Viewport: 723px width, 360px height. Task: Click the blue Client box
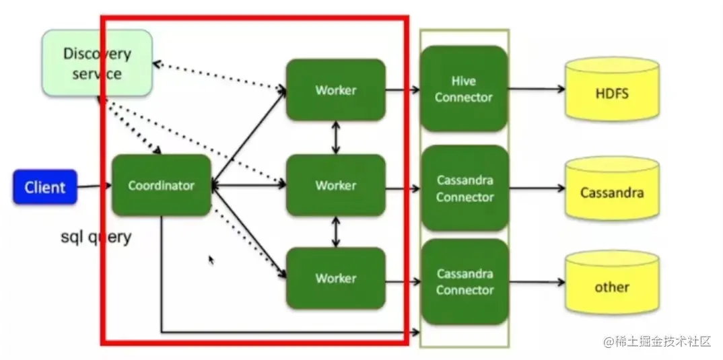click(45, 187)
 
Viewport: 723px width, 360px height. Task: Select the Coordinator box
click(162, 185)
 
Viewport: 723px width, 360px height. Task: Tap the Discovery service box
click(97, 63)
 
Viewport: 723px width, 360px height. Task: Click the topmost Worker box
click(335, 89)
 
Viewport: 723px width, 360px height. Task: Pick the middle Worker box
click(335, 185)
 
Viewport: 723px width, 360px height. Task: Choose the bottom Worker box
click(335, 278)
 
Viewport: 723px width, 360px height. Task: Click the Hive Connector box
click(464, 89)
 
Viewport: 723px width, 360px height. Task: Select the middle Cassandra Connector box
click(464, 188)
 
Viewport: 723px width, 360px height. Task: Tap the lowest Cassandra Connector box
click(464, 282)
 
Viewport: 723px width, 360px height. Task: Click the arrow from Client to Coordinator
click(94, 186)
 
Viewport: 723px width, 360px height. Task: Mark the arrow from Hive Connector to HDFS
click(536, 89)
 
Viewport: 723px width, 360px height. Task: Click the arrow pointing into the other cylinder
click(536, 282)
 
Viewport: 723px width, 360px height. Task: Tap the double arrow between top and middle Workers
click(335, 138)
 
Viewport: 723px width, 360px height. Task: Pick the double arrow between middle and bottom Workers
click(335, 231)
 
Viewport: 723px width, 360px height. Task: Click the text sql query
click(96, 237)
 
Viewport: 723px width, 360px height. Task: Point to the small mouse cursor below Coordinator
click(211, 260)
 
